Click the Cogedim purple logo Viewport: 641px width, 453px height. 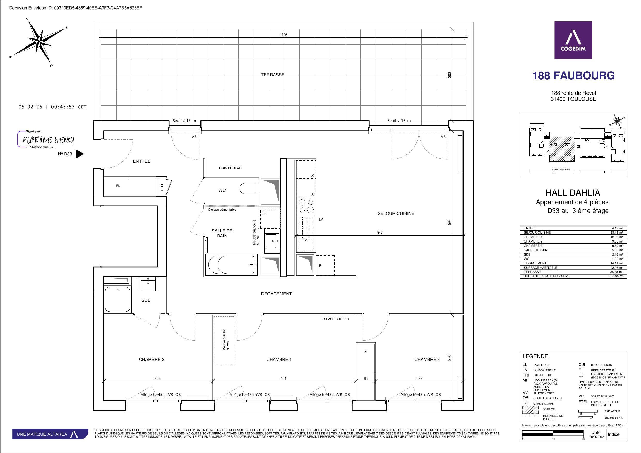(573, 40)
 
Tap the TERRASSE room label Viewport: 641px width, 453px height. (273, 75)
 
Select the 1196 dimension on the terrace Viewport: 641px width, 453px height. (283, 35)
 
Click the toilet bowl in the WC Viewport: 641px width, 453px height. (248, 189)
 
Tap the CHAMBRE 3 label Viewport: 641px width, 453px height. (427, 359)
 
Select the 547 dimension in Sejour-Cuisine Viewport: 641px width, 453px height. (380, 232)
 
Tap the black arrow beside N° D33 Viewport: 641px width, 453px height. (80, 154)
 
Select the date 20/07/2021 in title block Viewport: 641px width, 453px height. (595, 437)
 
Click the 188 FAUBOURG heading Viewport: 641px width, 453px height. (573, 76)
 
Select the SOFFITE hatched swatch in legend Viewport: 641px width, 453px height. (530, 410)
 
